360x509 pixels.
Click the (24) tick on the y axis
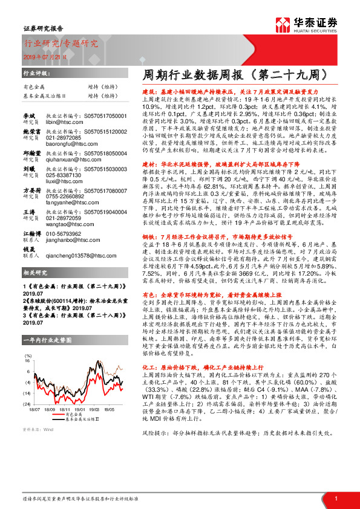tap(27, 402)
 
